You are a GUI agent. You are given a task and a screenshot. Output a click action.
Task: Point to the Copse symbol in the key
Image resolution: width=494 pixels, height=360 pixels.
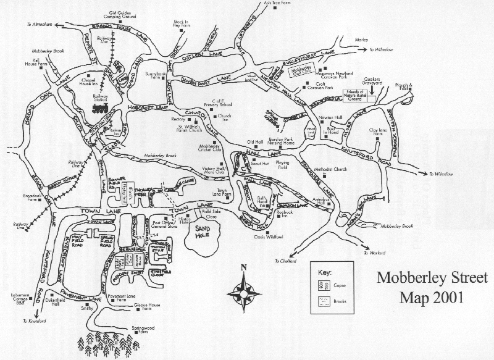coord(323,285)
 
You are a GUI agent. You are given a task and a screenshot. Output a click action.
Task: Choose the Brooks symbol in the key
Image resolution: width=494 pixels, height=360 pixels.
coord(323,301)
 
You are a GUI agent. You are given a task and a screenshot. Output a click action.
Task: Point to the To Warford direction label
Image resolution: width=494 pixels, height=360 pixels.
coord(375,253)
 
